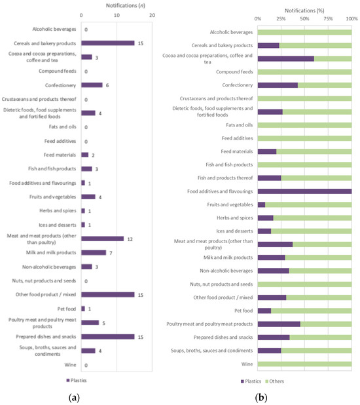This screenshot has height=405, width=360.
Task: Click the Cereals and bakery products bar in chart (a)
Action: pos(107,43)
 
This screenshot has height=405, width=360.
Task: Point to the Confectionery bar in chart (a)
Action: pos(92,85)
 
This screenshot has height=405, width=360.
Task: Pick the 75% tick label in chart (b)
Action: pos(328,19)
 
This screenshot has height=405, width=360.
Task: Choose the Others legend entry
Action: pos(275,381)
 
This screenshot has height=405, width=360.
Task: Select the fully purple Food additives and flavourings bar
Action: pos(304,191)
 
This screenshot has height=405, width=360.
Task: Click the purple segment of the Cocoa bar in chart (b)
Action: pos(285,59)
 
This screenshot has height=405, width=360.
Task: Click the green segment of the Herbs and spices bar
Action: pos(312,218)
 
